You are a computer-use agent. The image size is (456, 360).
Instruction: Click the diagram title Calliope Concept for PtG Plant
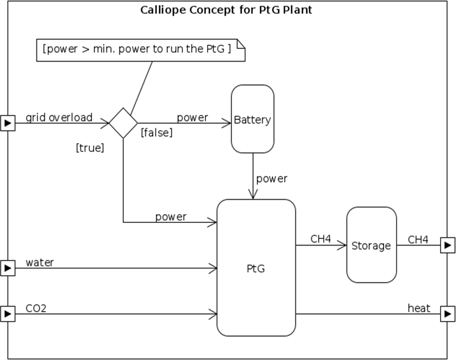(x=226, y=10)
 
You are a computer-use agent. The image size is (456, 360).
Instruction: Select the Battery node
(x=252, y=119)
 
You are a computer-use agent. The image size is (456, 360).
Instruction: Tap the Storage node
(x=371, y=245)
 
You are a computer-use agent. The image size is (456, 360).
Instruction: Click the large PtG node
(x=256, y=268)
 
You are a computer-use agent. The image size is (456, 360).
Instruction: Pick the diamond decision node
(x=123, y=123)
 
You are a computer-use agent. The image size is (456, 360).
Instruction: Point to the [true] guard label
(x=90, y=148)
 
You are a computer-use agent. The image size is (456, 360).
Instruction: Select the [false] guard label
(x=156, y=133)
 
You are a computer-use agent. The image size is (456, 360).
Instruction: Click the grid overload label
(x=59, y=117)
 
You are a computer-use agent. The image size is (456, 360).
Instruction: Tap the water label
(x=40, y=263)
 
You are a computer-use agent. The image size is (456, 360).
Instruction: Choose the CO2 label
(x=36, y=308)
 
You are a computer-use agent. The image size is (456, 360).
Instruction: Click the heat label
(x=419, y=308)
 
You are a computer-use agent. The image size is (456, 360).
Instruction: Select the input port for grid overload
(x=8, y=123)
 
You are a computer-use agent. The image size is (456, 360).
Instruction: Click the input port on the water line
(x=8, y=268)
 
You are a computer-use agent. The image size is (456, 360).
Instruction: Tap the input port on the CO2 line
(x=8, y=314)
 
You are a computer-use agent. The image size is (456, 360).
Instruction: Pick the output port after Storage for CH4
(x=448, y=245)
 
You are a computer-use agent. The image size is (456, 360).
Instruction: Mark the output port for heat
(x=448, y=314)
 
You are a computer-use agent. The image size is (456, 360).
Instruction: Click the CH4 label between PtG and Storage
(x=321, y=239)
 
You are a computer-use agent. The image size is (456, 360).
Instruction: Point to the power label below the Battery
(x=272, y=178)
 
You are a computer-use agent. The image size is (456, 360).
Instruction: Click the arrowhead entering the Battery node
(x=226, y=123)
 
